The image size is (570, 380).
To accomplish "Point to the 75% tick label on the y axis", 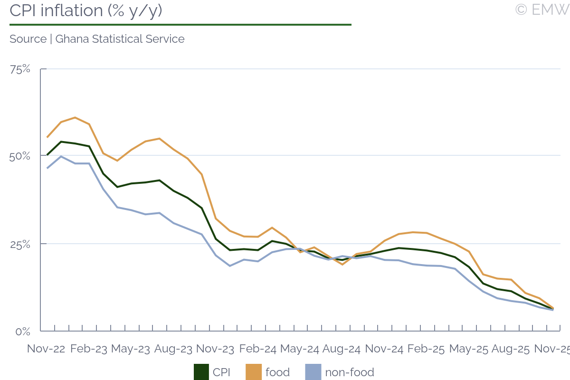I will [x=20, y=69].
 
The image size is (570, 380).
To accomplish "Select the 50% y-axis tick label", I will [x=20, y=156].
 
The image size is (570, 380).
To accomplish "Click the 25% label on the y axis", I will [x=20, y=244].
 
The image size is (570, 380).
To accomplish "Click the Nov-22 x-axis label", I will [x=46, y=349].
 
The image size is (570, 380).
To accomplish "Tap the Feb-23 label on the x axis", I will [x=89, y=349].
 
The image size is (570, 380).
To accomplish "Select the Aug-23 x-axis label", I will [x=173, y=349].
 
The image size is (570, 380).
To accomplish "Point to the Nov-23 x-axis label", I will [x=215, y=349].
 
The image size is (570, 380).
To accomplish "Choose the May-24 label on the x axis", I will [x=299, y=349].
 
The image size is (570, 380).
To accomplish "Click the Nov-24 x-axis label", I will [x=384, y=349].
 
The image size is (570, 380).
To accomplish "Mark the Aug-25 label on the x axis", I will [x=511, y=349].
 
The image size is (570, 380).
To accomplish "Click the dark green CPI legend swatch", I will [x=201, y=372].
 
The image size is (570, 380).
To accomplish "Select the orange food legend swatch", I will [x=253, y=372].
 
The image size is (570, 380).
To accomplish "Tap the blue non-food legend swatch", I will [x=313, y=372].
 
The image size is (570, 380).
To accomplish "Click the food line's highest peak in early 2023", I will [x=75, y=117].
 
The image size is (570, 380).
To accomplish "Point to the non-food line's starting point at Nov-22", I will [x=47, y=168].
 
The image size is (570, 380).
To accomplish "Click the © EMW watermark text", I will [x=541, y=9].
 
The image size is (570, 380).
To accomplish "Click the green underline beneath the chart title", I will [x=180, y=24].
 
